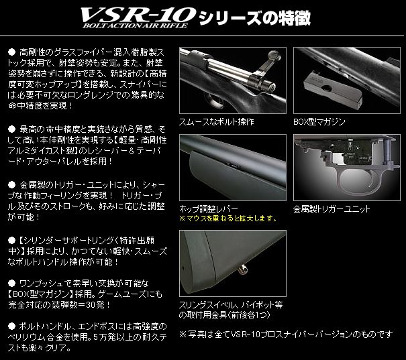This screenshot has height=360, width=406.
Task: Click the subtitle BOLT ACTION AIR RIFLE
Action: [135, 30]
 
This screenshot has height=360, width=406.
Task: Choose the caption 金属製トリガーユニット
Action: [332, 208]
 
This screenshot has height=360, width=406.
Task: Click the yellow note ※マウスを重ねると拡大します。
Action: [228, 219]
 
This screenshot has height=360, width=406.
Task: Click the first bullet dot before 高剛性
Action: [11, 51]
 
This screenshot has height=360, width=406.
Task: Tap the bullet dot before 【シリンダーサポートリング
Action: [11, 239]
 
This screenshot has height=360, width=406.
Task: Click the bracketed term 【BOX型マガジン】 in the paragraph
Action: [44, 294]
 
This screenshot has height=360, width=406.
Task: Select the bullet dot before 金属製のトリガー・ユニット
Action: [11, 182]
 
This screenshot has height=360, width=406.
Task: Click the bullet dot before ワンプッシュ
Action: [11, 282]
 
